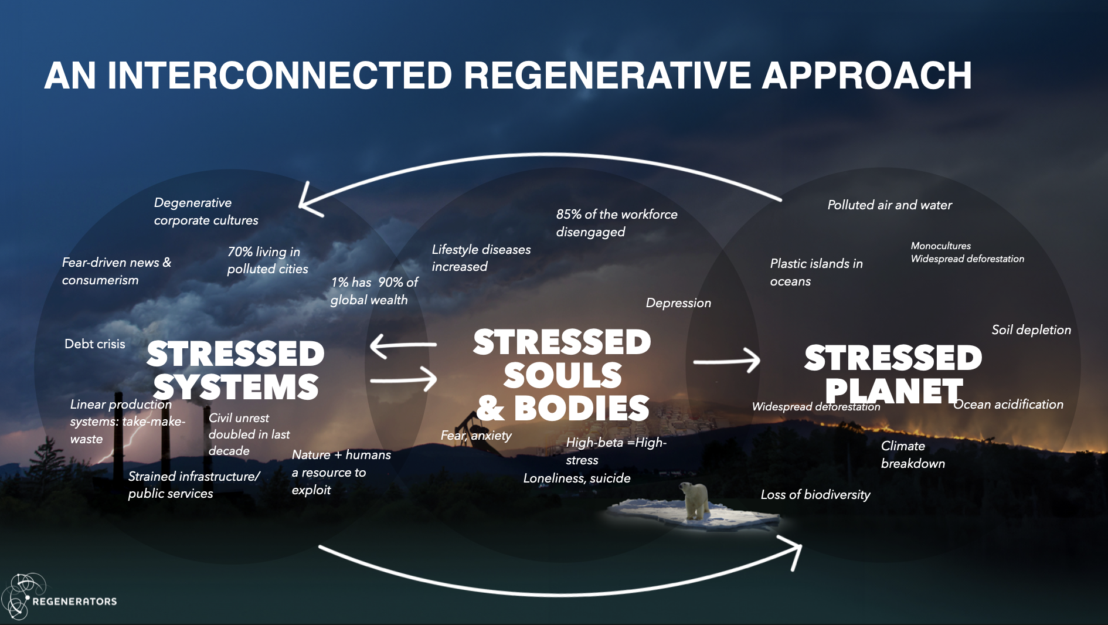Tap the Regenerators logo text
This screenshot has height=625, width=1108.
[74, 601]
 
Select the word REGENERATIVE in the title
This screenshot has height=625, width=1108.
[607, 76]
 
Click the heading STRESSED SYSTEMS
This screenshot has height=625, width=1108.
[235, 370]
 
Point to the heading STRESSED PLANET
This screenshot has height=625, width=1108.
[893, 374]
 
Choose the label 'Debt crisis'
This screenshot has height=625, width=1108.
[95, 344]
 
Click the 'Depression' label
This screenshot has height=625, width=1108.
[678, 303]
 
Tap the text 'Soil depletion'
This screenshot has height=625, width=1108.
[1031, 330]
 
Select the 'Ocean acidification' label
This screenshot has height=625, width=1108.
[1008, 405]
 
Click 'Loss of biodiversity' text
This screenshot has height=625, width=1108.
[815, 495]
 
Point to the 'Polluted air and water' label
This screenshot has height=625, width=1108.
[889, 205]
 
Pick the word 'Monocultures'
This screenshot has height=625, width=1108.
[940, 246]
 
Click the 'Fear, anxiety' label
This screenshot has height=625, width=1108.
[476, 436]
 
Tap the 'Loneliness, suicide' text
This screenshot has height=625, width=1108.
[577, 478]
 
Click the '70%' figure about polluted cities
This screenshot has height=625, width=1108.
[240, 252]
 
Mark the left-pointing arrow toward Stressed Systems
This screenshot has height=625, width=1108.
[402, 345]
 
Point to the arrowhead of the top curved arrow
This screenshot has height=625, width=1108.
[307, 202]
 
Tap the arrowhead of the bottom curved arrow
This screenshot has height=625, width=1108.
[794, 549]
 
